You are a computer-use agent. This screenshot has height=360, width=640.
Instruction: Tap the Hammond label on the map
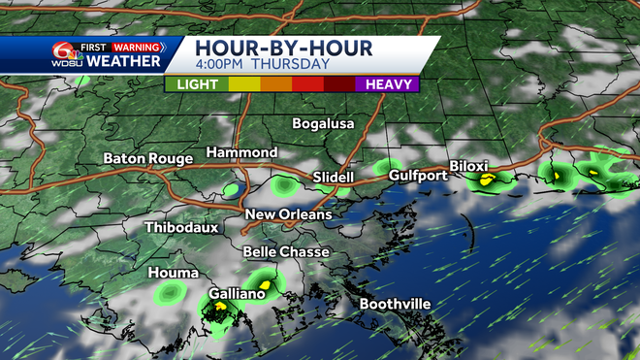pyautogui.click(x=241, y=153)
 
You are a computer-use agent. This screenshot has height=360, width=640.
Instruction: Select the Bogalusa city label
pyautogui.click(x=324, y=124)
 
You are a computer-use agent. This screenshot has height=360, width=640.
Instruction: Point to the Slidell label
pyautogui.click(x=335, y=178)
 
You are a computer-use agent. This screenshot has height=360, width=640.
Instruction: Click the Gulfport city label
pyautogui.click(x=418, y=176)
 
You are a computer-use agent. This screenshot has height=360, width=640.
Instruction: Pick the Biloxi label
pyautogui.click(x=473, y=165)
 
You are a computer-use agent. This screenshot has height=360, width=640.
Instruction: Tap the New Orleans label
pyautogui.click(x=288, y=214)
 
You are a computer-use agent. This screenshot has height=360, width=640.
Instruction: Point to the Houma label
pyautogui.click(x=174, y=274)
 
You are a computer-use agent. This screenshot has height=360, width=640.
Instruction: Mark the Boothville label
pyautogui.click(x=395, y=305)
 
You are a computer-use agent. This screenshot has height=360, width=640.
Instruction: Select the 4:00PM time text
pyautogui.click(x=222, y=65)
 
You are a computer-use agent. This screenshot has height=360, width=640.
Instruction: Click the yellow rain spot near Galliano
pyautogui.click(x=221, y=307)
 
